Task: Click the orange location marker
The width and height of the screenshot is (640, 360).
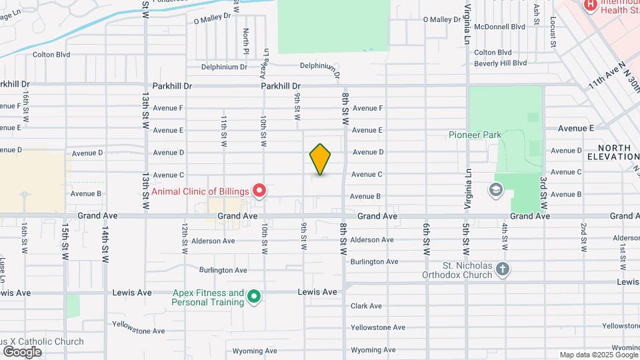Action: tap(320, 159)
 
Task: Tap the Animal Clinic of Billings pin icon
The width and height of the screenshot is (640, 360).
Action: tap(259, 191)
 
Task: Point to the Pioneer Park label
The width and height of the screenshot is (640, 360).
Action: tap(474, 135)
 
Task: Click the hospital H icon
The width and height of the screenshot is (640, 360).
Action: tap(590, 5)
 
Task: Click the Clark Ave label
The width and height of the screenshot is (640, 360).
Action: tap(366, 306)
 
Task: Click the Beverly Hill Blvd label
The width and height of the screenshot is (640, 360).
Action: tap(500, 63)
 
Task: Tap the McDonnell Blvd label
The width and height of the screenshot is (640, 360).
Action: tap(499, 27)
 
